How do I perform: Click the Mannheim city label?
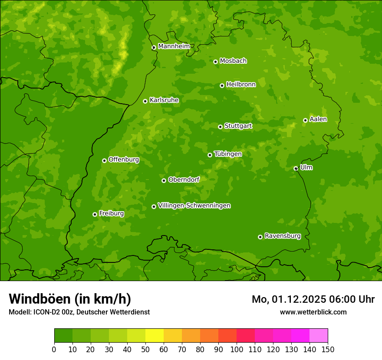(174, 46)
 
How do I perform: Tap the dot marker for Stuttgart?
(220, 127)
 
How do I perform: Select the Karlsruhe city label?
(164, 100)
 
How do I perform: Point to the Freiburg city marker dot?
(95, 214)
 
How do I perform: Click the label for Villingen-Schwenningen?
(194, 206)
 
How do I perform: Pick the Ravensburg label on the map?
(283, 236)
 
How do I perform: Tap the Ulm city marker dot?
(296, 168)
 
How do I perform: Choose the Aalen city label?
(318, 119)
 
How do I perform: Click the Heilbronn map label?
(241, 85)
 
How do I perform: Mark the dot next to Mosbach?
(215, 62)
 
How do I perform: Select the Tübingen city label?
(228, 154)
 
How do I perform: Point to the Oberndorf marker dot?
(164, 180)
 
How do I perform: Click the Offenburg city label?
(124, 160)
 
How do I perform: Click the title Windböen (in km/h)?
(70, 299)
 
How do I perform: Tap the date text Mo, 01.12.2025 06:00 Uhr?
(313, 299)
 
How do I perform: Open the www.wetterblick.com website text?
(313, 312)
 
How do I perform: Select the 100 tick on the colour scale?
(236, 349)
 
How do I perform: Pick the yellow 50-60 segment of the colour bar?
(154, 336)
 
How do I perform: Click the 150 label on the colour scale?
(328, 349)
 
